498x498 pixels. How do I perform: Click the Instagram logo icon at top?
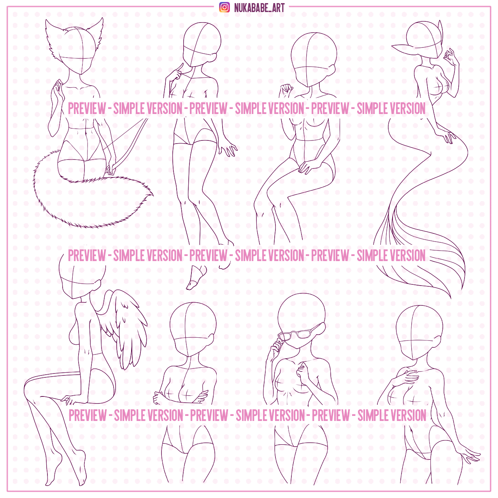tap(224, 7)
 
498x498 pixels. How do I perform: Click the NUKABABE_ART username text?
tap(259, 8)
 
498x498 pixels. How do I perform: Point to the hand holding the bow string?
tap(110, 169)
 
